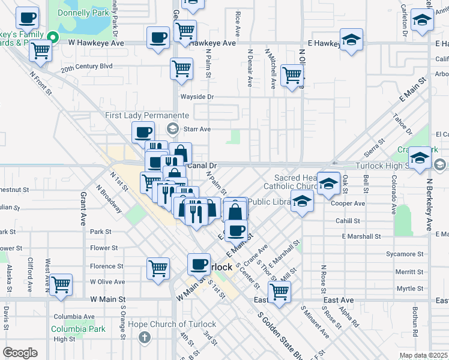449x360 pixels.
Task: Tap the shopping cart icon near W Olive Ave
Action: point(61,285)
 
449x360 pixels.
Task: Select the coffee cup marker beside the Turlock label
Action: point(199,264)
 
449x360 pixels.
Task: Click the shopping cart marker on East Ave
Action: point(279,292)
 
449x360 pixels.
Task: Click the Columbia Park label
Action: point(78,329)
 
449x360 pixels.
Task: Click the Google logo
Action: point(20,352)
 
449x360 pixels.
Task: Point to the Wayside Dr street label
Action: point(197,97)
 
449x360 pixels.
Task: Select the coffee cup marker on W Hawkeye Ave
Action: point(158,38)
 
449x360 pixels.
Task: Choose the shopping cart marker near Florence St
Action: point(158,268)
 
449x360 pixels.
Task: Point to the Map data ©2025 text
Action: point(423,355)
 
